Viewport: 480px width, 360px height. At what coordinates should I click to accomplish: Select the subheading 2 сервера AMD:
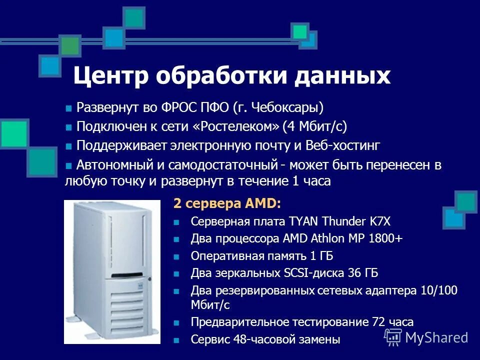[x=227, y=203]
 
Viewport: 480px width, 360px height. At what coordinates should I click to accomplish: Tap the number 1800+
[x=385, y=239]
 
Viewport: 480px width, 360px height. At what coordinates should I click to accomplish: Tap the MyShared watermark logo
[x=426, y=337]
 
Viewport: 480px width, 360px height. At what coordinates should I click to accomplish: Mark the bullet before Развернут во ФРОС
[x=69, y=108]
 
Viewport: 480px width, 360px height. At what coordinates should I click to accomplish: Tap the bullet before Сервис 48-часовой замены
[x=176, y=340]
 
